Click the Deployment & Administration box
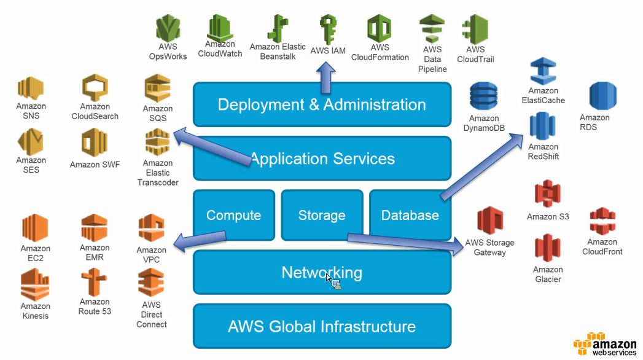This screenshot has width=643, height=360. (322, 104)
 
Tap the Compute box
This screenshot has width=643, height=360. (233, 215)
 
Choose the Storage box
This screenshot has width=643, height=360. (321, 215)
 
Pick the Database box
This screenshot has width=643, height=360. (410, 215)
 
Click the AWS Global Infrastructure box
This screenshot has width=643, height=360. (322, 326)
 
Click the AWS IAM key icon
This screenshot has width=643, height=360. (328, 29)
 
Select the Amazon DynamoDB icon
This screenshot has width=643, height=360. (484, 97)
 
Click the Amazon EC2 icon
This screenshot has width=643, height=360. (35, 229)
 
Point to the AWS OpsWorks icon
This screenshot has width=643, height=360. (168, 28)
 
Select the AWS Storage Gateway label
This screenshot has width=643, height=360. (489, 248)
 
